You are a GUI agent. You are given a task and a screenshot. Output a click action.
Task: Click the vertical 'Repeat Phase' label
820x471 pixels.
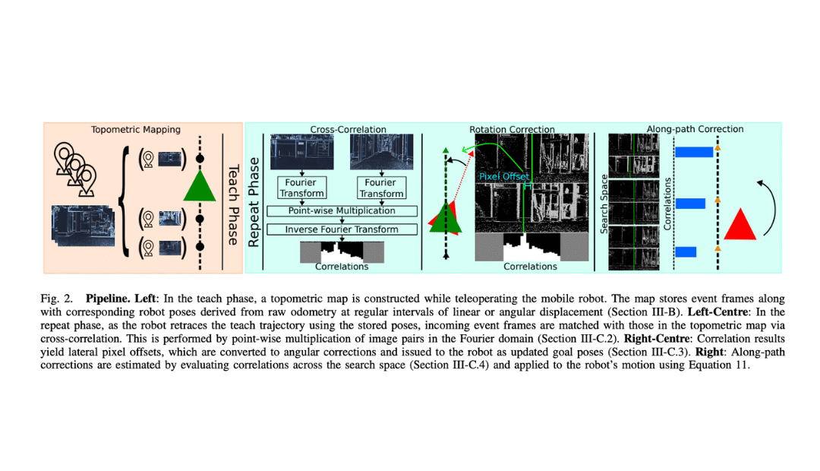[254, 201]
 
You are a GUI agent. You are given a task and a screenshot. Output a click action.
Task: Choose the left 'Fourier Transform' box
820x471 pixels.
[301, 188]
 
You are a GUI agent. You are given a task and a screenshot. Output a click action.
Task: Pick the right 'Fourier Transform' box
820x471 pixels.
[380, 188]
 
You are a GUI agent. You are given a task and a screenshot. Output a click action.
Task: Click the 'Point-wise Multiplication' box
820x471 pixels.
[341, 210]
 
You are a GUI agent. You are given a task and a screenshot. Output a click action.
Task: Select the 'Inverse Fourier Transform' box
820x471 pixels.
[341, 229]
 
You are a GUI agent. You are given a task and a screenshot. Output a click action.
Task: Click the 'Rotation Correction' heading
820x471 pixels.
[512, 130]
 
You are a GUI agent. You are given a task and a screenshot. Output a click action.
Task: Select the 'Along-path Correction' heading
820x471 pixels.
[695, 129]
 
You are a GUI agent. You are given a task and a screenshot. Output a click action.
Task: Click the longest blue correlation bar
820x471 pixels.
[693, 152]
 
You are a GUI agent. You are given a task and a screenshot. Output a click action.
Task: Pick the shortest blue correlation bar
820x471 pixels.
[686, 251]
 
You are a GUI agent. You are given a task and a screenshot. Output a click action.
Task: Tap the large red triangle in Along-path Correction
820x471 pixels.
[740, 225]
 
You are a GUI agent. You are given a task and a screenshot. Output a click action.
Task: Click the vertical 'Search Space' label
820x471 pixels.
[604, 203]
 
